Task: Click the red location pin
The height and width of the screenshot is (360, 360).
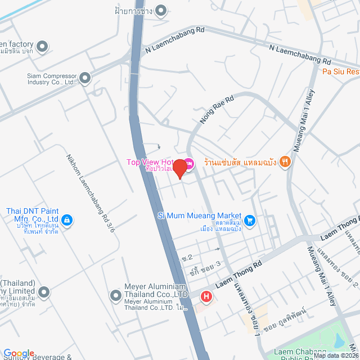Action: pyautogui.click(x=179, y=168)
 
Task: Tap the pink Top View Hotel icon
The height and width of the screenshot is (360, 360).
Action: pyautogui.click(x=189, y=163)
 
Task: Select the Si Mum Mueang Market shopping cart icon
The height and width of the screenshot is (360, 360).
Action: pyautogui.click(x=250, y=220)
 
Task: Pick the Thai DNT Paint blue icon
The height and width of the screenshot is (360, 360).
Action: pyautogui.click(x=67, y=219)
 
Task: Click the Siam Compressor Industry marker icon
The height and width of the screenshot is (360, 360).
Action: pyautogui.click(x=85, y=78)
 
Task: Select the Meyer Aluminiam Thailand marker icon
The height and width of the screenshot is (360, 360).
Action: pyautogui.click(x=116, y=294)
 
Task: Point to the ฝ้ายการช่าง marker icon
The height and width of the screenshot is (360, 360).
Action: pyautogui.click(x=161, y=10)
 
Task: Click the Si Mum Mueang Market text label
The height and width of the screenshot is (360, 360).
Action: pyautogui.click(x=200, y=215)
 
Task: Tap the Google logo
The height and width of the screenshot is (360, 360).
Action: pyautogui.click(x=19, y=353)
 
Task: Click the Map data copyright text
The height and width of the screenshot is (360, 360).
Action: pyautogui.click(x=336, y=355)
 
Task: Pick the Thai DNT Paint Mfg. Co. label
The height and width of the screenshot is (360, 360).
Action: pyautogui.click(x=33, y=215)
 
